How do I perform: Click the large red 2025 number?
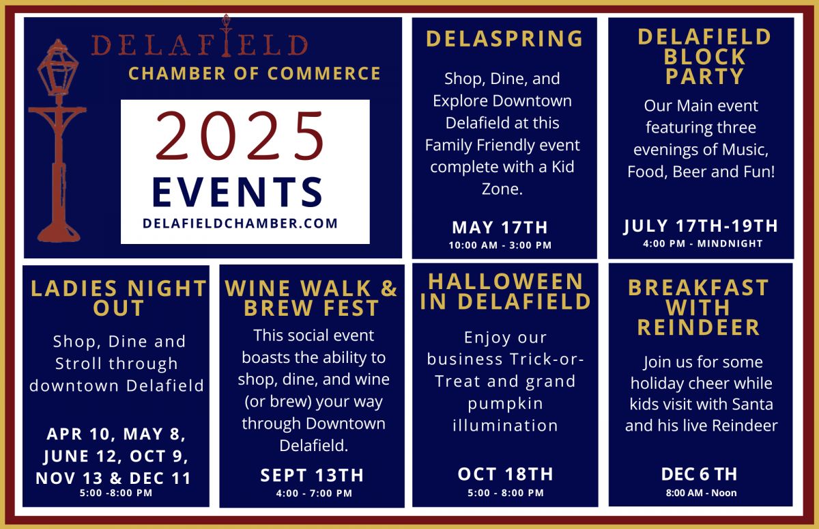point(240,135)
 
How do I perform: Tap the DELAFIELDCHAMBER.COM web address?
point(240,223)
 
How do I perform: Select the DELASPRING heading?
point(504,38)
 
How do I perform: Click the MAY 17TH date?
point(500,228)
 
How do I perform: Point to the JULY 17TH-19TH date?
point(700,226)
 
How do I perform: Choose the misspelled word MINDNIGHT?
point(730,243)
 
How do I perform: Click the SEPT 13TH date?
point(312,475)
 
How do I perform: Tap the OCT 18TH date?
point(505,474)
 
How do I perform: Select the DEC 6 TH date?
point(699,474)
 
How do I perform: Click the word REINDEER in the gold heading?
point(698,327)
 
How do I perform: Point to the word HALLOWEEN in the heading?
point(505,282)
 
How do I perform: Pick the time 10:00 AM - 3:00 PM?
point(500,245)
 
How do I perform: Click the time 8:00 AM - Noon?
point(701,493)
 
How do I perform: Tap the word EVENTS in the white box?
point(238,192)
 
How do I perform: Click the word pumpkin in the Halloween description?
point(505,404)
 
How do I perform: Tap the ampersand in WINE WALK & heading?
point(389,288)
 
